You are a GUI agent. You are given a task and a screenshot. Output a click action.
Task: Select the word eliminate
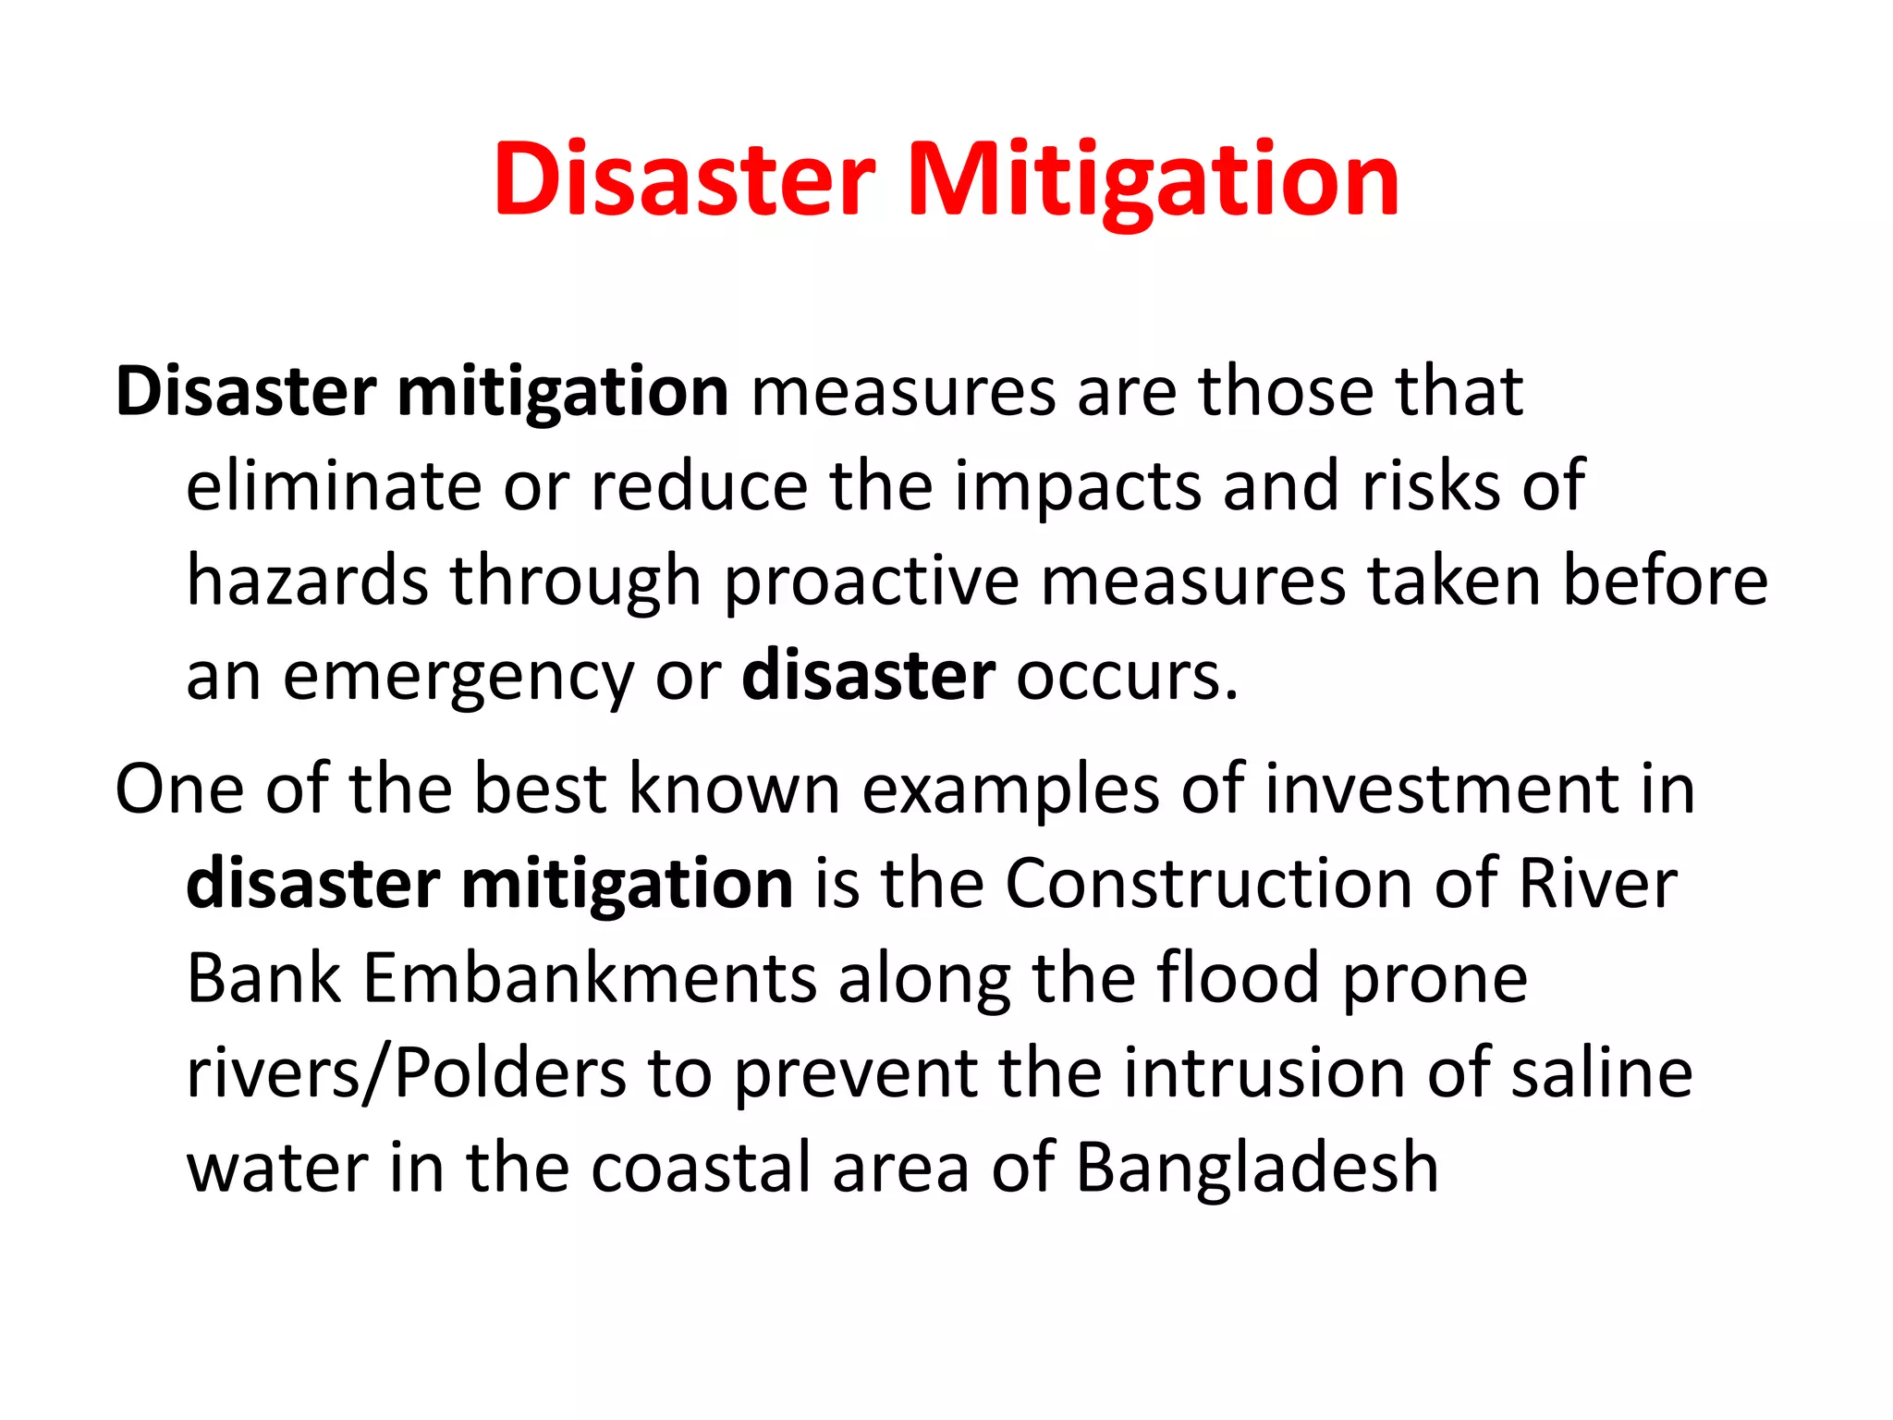coord(334,486)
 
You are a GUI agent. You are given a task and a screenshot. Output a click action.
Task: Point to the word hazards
coord(308,581)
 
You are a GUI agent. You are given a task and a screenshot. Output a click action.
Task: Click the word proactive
coord(872,583)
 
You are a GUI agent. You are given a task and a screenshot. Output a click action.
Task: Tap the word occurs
coord(1127,677)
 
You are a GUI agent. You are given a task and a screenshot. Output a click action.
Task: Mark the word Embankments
coord(590,979)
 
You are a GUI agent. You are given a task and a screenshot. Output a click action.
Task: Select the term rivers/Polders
coord(407,1074)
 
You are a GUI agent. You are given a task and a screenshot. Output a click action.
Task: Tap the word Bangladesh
coord(1257,1169)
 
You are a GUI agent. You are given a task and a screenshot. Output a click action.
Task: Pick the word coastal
coord(700,1169)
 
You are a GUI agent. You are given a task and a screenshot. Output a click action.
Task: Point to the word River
coord(1598,884)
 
